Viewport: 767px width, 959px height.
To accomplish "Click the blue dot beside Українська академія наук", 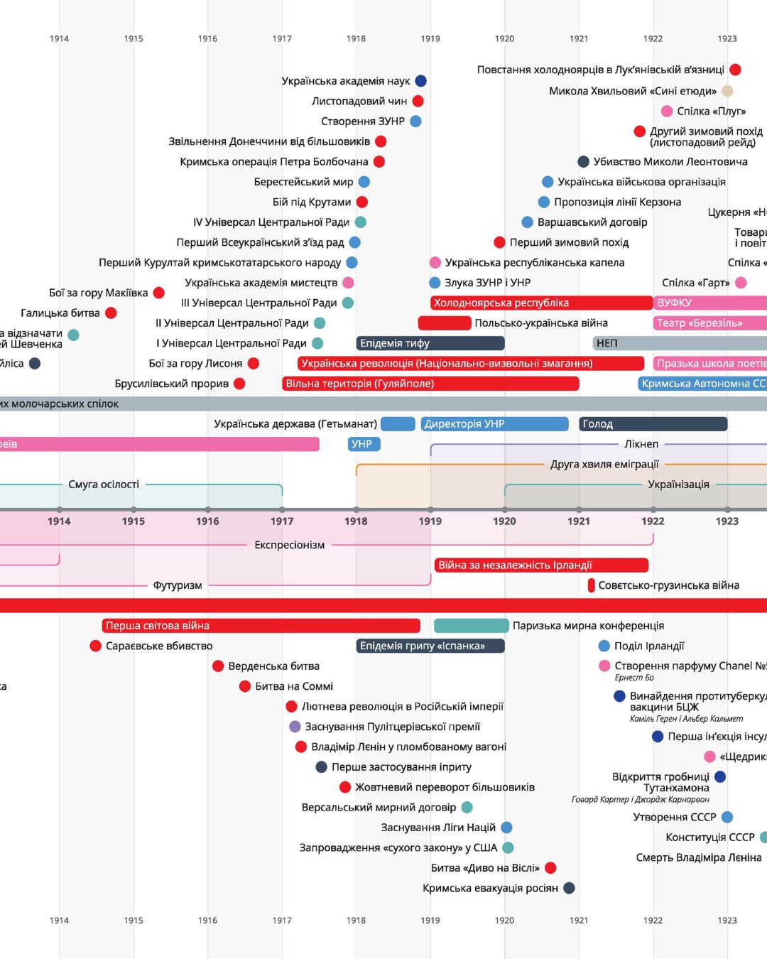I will (x=420, y=81).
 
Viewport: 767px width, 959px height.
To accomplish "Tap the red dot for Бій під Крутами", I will (x=362, y=202).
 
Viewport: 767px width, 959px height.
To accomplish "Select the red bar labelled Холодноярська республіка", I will (x=541, y=303).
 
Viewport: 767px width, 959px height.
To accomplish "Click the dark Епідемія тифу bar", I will (x=430, y=343).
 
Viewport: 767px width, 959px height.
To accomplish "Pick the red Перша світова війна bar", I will (x=261, y=626).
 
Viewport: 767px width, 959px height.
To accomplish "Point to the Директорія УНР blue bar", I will (x=495, y=424).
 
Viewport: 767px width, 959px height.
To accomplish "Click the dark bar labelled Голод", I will (x=653, y=424).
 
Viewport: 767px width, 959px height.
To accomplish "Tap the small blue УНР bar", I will (x=364, y=444).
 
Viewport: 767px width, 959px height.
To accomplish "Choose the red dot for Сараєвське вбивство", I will (x=96, y=646).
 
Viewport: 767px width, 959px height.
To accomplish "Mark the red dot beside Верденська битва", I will (x=218, y=666).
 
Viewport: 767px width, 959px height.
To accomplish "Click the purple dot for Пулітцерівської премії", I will (x=295, y=727).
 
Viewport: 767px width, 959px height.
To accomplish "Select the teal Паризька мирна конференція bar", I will (x=471, y=626).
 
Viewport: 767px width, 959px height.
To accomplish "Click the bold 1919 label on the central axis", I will (x=430, y=521).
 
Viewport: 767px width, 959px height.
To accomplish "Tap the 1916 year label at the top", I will (x=207, y=38).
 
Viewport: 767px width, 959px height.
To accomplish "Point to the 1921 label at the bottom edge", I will (x=579, y=920).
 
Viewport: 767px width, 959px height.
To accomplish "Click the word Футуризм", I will (x=178, y=585).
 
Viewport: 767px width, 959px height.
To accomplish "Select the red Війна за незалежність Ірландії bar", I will (x=541, y=565).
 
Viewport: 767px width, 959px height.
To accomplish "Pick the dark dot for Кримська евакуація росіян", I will (x=569, y=888).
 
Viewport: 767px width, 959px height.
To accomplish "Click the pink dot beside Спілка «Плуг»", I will (x=667, y=111).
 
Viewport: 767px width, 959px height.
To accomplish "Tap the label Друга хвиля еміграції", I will (x=604, y=465).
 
